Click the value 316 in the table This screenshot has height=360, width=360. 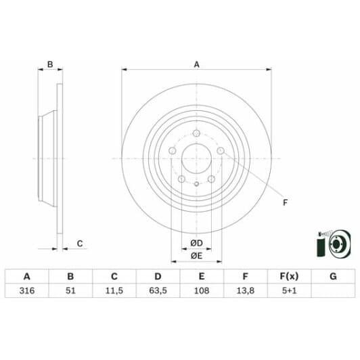pos(26,292)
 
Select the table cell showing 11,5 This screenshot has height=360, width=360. pos(114,292)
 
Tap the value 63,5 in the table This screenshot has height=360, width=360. pos(158,292)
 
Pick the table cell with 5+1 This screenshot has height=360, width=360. pos(289,292)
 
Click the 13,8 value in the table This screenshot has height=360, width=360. pos(245,292)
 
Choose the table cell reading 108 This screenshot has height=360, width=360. pos(202,292)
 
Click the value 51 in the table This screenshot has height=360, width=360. pos(70,292)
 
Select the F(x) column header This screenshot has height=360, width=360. pos(289,276)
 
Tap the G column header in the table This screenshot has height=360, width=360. pos(332,276)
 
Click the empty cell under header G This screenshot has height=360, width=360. pos(332,292)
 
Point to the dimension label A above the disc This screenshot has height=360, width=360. pos(197,64)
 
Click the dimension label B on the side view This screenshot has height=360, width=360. pos(49,64)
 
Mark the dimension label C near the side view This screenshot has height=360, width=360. pos(79,244)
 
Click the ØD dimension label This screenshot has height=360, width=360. pos(196,243)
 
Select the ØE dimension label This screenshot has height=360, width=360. pos(196,255)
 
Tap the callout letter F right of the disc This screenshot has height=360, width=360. pos(284,201)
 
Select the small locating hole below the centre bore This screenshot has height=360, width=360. pos(196,184)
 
